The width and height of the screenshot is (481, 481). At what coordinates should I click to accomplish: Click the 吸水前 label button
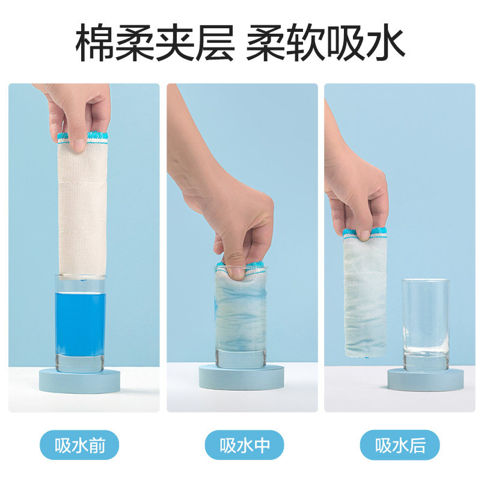coord(79,446)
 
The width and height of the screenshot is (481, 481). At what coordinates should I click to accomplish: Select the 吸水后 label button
coord(400,446)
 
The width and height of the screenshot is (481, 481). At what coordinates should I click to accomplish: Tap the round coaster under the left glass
coord(79,379)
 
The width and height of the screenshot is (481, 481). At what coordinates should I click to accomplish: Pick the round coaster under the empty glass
coord(426,379)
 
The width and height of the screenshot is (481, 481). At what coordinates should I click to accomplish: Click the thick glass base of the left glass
coord(80,362)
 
